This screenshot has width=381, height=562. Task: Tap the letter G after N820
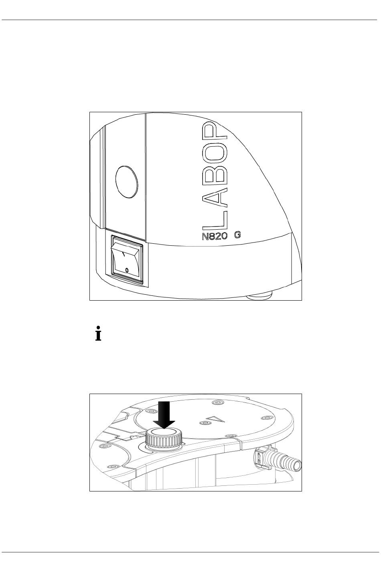237,235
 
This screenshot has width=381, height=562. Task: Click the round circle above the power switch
126,182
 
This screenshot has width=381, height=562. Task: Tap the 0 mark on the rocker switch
127,270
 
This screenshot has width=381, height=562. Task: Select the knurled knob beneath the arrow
164,441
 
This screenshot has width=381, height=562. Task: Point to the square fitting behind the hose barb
260,457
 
